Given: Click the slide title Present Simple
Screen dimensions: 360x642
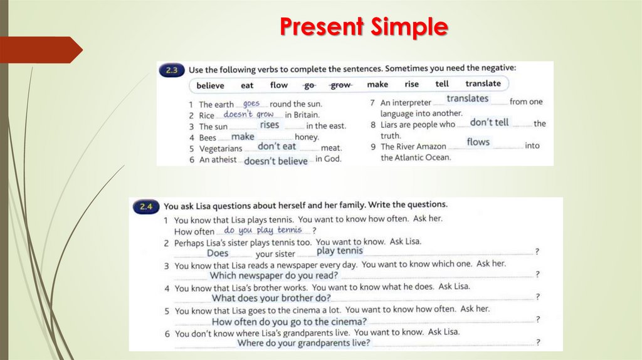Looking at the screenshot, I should (364, 27).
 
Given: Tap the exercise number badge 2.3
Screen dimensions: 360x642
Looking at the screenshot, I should (172, 71).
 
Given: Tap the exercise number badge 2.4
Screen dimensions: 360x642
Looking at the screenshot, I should (145, 206).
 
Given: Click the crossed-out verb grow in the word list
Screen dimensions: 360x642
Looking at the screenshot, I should (340, 85).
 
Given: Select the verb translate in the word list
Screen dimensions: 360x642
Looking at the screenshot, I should (483, 83).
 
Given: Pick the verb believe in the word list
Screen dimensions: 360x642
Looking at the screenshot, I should (210, 85).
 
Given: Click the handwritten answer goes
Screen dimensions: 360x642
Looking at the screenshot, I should (251, 103).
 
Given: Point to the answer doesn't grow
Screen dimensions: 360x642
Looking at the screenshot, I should (249, 115).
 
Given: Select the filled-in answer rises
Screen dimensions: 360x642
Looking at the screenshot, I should (270, 125).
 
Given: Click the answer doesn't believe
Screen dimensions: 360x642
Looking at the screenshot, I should (276, 161).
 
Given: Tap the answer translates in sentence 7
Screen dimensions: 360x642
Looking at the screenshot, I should (467, 98).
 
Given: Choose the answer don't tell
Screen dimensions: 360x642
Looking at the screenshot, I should (489, 122).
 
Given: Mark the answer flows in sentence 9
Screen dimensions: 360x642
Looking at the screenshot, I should (478, 142).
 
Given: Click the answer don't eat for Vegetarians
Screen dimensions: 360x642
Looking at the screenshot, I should (276, 146).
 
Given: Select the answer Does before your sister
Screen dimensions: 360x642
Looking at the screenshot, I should (218, 253).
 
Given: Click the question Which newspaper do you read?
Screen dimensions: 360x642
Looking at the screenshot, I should (273, 275).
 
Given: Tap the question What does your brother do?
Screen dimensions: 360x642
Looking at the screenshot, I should (271, 298).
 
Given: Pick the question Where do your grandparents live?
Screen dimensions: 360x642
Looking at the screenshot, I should (304, 343).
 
